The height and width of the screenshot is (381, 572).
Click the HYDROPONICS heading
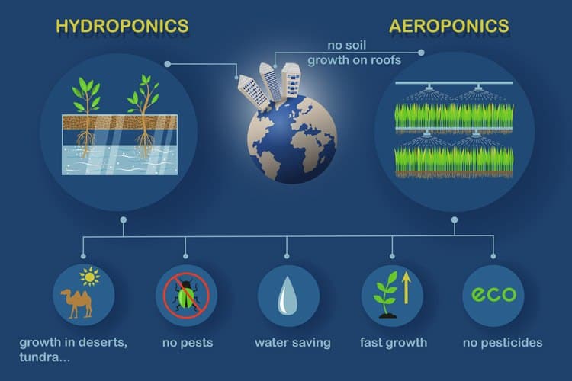tap(122, 26)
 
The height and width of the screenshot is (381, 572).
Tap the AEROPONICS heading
tap(448, 26)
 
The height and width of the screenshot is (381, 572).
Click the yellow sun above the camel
tap(90, 277)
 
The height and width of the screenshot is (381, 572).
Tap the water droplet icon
tap(288, 296)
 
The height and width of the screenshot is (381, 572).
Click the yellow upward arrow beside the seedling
tap(406, 289)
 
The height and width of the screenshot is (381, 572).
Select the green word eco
tap(493, 294)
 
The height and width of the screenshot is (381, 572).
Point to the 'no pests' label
tap(188, 343)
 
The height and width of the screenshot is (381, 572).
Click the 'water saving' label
tap(293, 343)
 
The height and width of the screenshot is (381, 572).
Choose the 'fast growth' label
tap(394, 343)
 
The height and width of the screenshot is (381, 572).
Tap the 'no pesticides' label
tap(503, 343)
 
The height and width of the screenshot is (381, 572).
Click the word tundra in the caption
tap(40, 357)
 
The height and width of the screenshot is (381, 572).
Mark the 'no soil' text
tap(346, 45)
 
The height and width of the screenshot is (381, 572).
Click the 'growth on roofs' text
tap(354, 60)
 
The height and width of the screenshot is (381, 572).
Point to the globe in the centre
tap(291, 139)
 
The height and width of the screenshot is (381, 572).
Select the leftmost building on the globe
tap(253, 92)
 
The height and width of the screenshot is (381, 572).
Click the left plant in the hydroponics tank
tap(86, 117)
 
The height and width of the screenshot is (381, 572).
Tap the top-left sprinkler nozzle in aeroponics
tap(429, 87)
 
